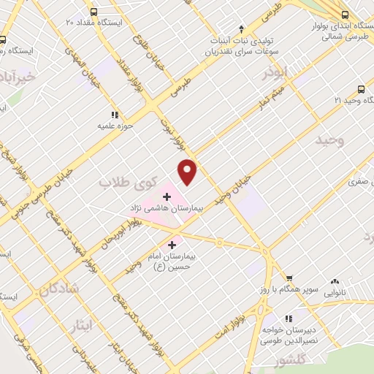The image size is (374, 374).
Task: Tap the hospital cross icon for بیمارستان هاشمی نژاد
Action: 167,196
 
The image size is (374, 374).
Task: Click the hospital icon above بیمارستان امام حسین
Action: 172,245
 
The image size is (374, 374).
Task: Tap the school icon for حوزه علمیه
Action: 113,115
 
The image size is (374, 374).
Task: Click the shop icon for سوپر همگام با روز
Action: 289,279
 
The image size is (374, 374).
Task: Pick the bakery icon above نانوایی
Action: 335,280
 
